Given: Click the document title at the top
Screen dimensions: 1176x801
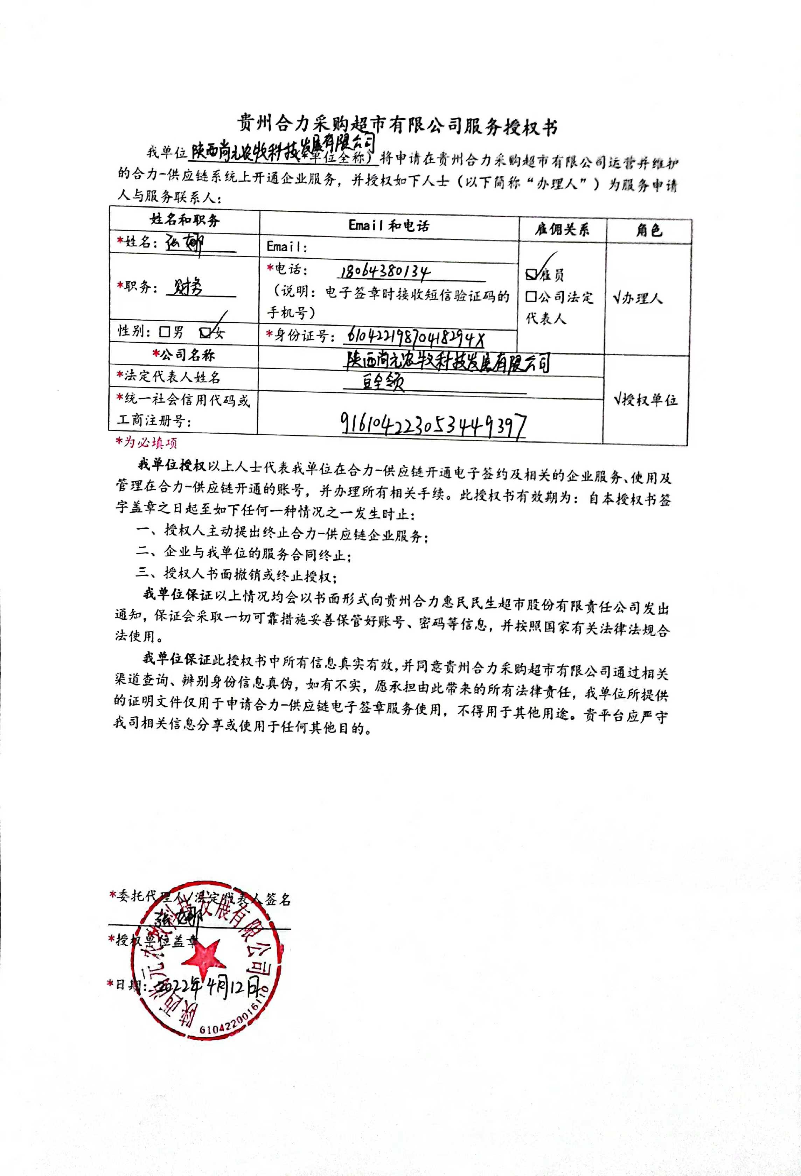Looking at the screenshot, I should coord(398,126).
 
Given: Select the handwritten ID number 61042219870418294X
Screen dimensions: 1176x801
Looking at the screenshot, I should coord(416,335).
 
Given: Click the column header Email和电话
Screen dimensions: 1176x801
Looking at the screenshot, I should coord(389,226).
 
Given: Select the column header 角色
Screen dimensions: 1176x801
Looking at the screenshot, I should coord(649,231).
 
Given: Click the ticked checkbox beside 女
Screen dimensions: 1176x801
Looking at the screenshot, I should coord(205,332).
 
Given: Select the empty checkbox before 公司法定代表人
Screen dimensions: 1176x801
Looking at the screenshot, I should coord(531,296).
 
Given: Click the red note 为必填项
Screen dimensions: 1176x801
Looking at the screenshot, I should coord(147,442).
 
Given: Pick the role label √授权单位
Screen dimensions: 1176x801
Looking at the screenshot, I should coord(646,400).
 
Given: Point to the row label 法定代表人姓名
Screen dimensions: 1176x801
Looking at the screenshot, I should coord(169,377).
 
